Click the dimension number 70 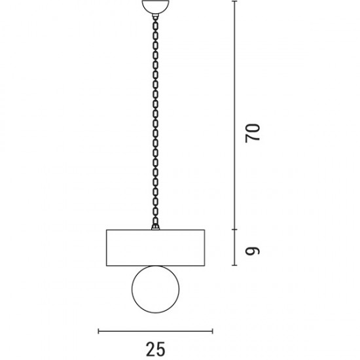[252, 133]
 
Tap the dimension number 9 [252, 251]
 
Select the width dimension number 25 [155, 349]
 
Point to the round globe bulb [155, 289]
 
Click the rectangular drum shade [155, 247]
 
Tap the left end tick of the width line [98, 331]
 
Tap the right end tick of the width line [213, 331]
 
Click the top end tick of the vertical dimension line [234, 1]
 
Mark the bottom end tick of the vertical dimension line [234, 265]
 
